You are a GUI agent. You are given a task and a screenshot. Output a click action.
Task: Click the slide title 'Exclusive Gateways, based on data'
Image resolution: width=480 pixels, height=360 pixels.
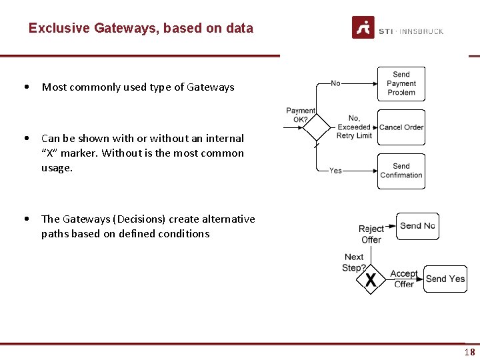pyautogui.click(x=141, y=29)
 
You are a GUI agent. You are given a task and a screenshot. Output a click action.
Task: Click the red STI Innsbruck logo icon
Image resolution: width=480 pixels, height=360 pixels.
pyautogui.click(x=363, y=28)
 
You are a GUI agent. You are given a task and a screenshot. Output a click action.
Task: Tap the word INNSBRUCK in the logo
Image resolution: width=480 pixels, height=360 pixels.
pyautogui.click(x=421, y=31)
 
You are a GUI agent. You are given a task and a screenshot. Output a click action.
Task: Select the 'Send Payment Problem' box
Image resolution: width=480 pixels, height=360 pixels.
pyautogui.click(x=401, y=84)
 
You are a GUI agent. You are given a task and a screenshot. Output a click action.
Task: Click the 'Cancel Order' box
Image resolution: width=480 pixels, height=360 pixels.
pyautogui.click(x=401, y=127)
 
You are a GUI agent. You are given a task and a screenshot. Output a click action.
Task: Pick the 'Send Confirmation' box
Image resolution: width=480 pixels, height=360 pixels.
pyautogui.click(x=401, y=171)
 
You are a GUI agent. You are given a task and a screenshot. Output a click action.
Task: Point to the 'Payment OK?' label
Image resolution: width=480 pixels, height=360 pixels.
pyautogui.click(x=301, y=115)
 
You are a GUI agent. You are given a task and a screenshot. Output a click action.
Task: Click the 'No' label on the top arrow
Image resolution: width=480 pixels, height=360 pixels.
pyautogui.click(x=335, y=83)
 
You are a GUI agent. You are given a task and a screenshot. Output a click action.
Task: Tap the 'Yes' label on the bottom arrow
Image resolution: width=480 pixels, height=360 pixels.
pyautogui.click(x=335, y=171)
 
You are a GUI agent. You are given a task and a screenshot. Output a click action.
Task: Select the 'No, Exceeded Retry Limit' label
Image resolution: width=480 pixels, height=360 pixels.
pyautogui.click(x=354, y=127)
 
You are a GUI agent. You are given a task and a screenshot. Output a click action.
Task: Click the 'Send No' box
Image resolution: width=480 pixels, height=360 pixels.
pyautogui.click(x=417, y=226)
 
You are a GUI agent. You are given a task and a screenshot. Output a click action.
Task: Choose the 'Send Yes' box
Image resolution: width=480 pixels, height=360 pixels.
pyautogui.click(x=445, y=279)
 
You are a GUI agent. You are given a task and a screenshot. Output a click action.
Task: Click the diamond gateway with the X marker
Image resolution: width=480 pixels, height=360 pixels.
pyautogui.click(x=371, y=279)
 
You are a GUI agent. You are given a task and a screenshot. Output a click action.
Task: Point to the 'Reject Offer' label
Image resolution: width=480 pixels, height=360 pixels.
pyautogui.click(x=371, y=234)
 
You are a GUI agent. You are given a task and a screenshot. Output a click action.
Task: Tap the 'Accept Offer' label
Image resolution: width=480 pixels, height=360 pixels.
pyautogui.click(x=404, y=279)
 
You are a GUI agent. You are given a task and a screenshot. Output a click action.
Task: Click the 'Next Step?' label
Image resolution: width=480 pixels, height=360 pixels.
pyautogui.click(x=354, y=262)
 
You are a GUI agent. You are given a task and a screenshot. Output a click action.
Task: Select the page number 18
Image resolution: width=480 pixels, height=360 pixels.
pyautogui.click(x=470, y=353)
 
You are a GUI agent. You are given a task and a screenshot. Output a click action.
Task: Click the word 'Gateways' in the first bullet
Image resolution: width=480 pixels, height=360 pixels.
pyautogui.click(x=211, y=87)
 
